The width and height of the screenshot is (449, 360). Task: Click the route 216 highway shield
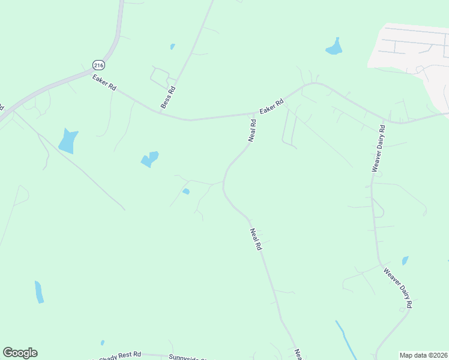[98, 64]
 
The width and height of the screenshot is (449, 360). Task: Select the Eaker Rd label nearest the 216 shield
[104, 83]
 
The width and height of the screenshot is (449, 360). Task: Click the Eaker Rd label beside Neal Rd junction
[271, 107]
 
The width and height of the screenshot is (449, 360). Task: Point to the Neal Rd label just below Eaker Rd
[253, 130]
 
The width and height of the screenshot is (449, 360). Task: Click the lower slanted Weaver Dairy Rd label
[398, 288]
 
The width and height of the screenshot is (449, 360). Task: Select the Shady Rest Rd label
[123, 355]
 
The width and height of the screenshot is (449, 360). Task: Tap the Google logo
[20, 353]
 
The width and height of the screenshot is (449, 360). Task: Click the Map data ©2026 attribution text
[424, 355]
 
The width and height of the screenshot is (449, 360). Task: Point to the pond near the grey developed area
[334, 47]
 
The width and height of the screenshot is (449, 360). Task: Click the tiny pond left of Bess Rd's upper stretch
[172, 46]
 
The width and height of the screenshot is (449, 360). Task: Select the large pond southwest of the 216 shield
[68, 141]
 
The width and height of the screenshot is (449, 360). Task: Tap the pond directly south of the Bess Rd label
[149, 159]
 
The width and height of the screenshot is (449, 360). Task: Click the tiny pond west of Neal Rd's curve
[186, 191]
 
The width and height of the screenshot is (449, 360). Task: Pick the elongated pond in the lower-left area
[39, 292]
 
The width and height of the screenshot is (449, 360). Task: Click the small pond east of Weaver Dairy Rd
[405, 260]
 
